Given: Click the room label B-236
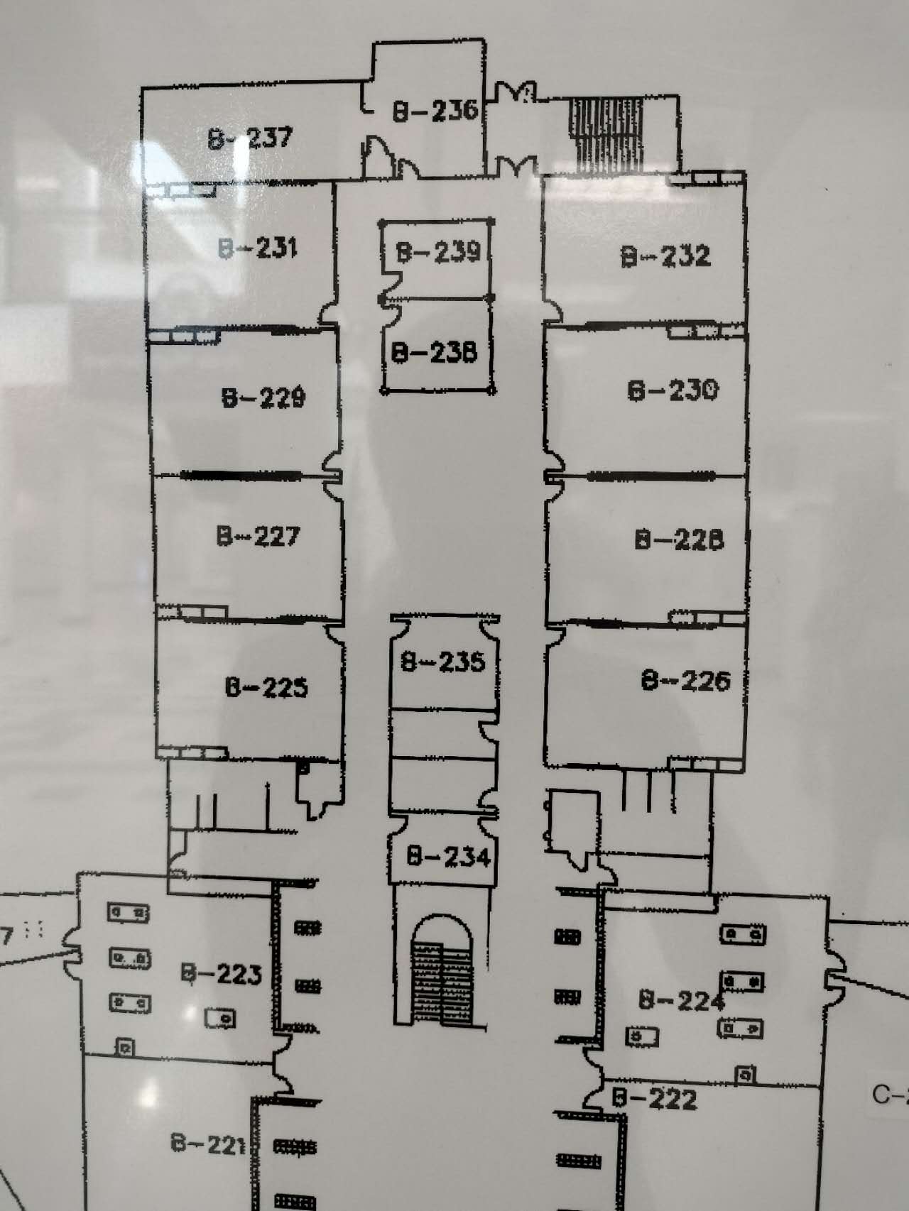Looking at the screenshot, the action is click(435, 111).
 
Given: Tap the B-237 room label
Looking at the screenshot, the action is click(250, 137).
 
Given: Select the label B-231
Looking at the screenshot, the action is click(258, 248).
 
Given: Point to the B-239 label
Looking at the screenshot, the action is click(438, 252).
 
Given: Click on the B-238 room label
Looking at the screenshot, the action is click(435, 353).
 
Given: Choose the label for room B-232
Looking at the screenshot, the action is click(666, 256).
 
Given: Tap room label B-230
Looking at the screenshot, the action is click(673, 390).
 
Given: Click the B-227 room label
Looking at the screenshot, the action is click(258, 536).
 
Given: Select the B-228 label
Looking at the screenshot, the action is click(680, 539).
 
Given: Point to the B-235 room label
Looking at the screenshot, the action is click(443, 662).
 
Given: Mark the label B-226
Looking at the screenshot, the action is click(685, 681).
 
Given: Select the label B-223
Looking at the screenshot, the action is click(222, 973).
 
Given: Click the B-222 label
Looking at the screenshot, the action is click(655, 1100).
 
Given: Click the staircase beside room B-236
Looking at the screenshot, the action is click(607, 134).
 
